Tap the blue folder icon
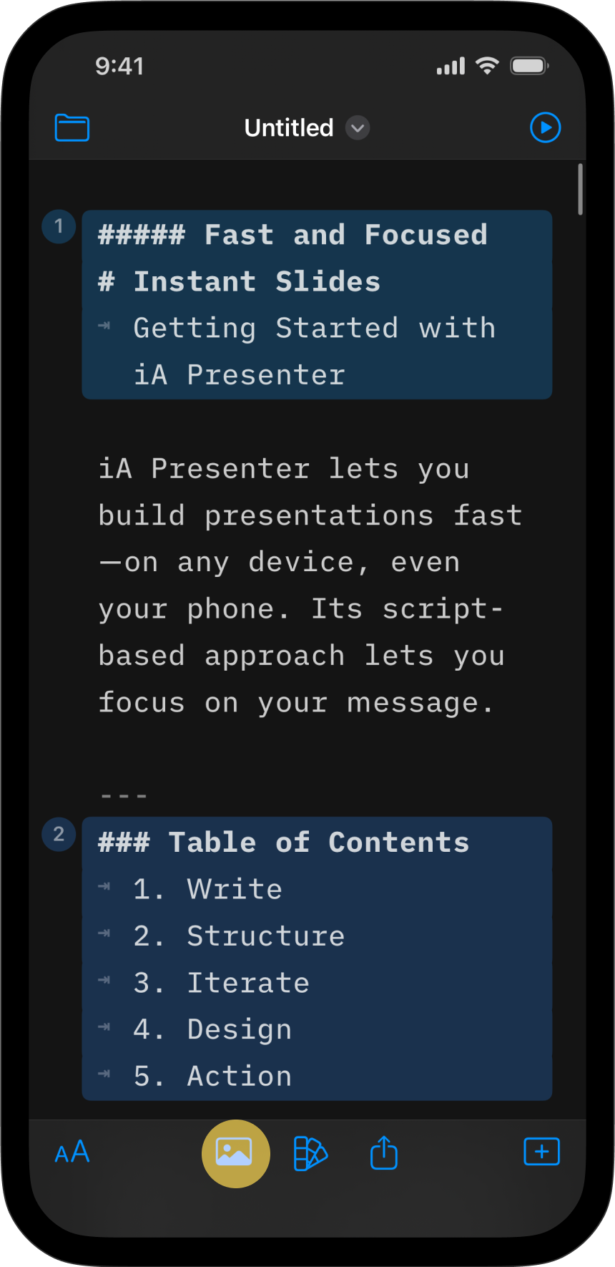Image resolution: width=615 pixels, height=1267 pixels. (x=72, y=128)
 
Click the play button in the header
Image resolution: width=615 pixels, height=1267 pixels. (x=546, y=128)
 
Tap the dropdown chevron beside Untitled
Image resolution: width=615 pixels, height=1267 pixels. (x=358, y=128)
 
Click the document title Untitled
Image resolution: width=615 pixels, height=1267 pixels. (x=289, y=128)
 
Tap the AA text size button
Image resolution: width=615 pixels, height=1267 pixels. (x=72, y=1152)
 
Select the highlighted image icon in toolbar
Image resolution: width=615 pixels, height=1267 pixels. (x=235, y=1153)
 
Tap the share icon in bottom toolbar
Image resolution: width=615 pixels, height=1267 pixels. (x=384, y=1152)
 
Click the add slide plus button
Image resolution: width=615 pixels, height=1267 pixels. (x=542, y=1152)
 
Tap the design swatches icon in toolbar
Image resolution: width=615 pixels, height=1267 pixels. (x=310, y=1153)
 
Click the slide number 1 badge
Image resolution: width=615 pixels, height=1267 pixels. (x=59, y=227)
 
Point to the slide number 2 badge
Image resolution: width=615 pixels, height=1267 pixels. (x=59, y=835)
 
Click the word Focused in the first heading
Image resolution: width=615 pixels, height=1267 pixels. (x=426, y=235)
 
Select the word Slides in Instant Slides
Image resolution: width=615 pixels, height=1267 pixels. (x=328, y=281)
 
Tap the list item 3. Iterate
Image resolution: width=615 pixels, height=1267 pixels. (x=222, y=983)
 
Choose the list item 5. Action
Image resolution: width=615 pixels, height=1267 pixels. (x=213, y=1077)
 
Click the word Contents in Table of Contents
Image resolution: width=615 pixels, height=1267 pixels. (x=399, y=843)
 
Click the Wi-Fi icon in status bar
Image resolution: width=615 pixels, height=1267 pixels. (x=488, y=66)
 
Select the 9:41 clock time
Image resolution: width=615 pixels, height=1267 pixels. (x=120, y=67)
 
